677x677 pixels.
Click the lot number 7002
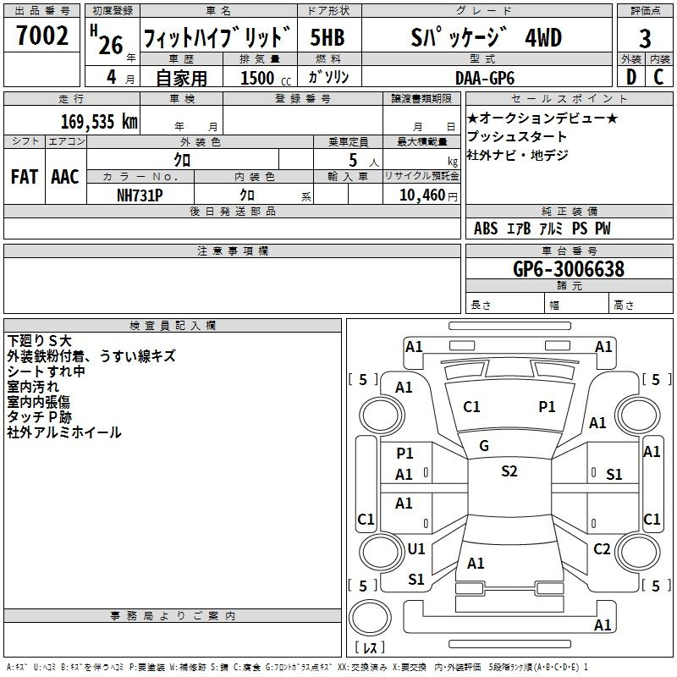(x=42, y=36)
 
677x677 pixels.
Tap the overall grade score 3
(x=645, y=38)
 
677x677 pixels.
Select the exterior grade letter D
(x=630, y=77)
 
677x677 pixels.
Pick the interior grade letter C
(x=658, y=77)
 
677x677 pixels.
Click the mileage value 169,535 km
(x=99, y=122)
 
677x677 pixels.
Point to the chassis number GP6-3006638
(x=569, y=269)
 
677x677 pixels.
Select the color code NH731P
(x=140, y=195)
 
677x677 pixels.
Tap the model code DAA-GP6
(x=485, y=78)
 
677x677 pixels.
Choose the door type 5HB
(x=327, y=37)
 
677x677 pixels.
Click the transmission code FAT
(x=25, y=177)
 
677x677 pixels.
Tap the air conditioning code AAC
(x=65, y=177)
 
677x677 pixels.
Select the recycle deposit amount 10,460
(x=422, y=195)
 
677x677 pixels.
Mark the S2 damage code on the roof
(x=509, y=471)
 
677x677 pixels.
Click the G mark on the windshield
(x=484, y=446)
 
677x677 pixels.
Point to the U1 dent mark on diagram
(x=416, y=548)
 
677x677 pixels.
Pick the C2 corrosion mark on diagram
(x=602, y=548)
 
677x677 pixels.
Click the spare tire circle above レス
(x=370, y=617)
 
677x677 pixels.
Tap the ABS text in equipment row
(x=486, y=228)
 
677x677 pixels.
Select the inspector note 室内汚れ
(x=33, y=387)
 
